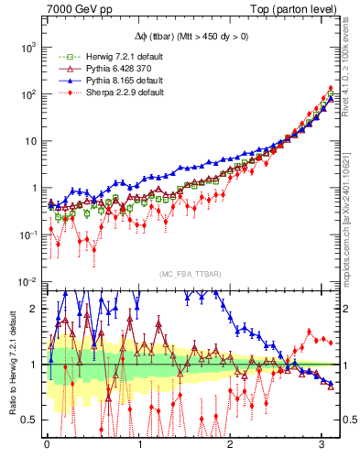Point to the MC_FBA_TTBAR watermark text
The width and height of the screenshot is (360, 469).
[x=190, y=274]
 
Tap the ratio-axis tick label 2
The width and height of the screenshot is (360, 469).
[x=35, y=309]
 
